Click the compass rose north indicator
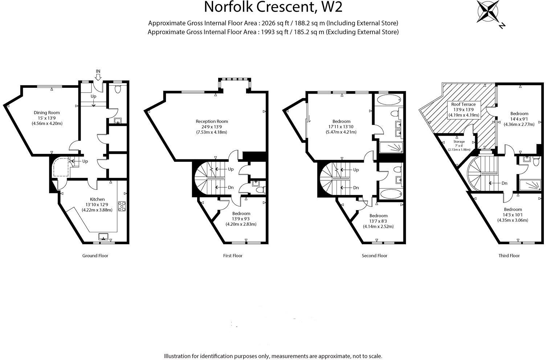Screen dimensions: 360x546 coord(488,12)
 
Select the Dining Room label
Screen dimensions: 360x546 coord(46,112)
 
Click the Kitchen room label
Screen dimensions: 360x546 coord(97,199)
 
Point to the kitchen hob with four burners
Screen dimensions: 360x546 coord(122,206)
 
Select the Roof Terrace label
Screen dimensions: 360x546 coord(463,104)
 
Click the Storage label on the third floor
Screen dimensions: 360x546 coord(459,142)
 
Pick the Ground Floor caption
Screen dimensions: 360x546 coord(95,255)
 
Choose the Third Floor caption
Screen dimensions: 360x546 coord(509,255)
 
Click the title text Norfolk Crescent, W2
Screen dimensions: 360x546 coord(273,7)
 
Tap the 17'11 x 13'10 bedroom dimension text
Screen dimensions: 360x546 coord(341,127)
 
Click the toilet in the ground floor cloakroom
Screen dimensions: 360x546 coord(117,89)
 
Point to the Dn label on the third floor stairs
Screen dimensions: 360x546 coord(504,183)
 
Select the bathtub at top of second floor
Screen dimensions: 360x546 coord(388,100)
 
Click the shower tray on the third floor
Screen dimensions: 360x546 coord(530,186)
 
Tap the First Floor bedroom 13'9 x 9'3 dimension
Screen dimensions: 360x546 coord(241,219)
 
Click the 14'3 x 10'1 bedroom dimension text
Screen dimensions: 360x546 coord(513,215)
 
